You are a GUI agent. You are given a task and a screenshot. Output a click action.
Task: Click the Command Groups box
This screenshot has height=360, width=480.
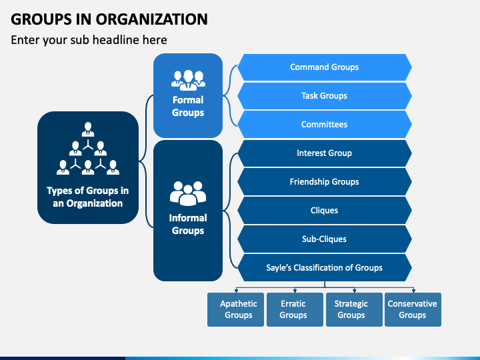click(x=325, y=67)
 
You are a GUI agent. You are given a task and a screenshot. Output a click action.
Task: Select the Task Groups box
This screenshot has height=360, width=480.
click(x=325, y=96)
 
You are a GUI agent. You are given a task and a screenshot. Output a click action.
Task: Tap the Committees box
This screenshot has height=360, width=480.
click(x=325, y=124)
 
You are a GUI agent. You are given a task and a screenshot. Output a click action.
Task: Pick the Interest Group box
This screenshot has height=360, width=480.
click(x=325, y=153)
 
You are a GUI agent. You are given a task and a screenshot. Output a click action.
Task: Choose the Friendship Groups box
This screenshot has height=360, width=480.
click(x=325, y=182)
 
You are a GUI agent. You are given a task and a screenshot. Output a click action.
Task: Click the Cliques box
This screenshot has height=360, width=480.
click(x=325, y=211)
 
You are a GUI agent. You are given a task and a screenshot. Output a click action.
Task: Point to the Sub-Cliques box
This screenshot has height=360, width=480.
click(x=325, y=239)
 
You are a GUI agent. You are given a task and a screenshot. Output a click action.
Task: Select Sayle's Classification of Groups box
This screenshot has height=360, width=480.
click(x=325, y=268)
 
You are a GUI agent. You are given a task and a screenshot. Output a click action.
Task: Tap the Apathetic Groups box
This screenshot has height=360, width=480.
click(x=235, y=309)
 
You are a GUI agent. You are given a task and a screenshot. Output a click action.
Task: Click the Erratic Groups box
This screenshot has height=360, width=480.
click(x=295, y=309)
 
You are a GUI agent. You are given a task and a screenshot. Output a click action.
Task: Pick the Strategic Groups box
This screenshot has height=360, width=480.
click(x=354, y=309)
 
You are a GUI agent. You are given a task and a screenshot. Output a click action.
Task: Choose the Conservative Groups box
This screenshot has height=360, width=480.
click(x=413, y=309)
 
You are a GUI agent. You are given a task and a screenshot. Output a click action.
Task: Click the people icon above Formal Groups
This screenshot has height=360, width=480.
click(x=188, y=81)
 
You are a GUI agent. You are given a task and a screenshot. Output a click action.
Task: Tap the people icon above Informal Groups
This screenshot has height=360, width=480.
click(x=188, y=193)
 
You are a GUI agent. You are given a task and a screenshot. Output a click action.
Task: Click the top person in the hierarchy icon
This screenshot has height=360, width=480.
click(x=88, y=129)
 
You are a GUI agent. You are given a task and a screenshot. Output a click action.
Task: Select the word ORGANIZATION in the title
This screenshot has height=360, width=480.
click(x=152, y=19)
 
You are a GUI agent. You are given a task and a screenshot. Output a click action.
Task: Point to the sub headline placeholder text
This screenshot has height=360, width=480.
click(x=89, y=40)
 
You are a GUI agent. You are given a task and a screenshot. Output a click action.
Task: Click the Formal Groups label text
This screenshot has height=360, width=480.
click(x=188, y=106)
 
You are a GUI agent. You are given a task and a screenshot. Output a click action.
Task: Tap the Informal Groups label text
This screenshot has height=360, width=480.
click(x=188, y=224)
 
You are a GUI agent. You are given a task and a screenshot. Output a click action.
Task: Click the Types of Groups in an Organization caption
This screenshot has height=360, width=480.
click(x=88, y=197)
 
